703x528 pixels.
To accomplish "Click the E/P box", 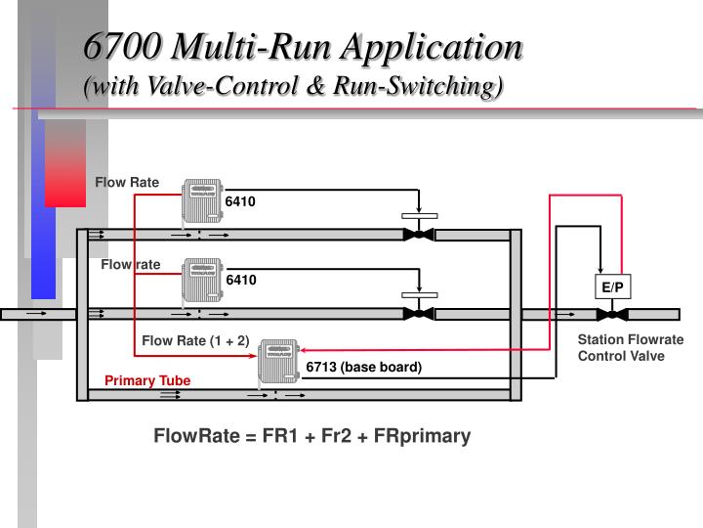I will [x=613, y=286].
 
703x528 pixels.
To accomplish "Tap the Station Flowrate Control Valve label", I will [x=630, y=348].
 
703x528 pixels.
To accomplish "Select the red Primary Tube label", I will [x=147, y=380].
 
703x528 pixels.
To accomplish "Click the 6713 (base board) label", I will [x=363, y=368].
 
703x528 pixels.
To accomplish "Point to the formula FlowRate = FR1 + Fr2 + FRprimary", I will [x=311, y=436].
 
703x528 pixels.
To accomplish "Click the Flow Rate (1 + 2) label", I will [x=195, y=341].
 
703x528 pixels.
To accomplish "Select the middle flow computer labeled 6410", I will [x=202, y=281].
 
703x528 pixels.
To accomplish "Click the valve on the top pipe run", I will [x=419, y=234].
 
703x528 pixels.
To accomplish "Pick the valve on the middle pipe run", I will [x=419, y=314].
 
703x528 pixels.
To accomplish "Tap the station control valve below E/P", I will [x=613, y=314].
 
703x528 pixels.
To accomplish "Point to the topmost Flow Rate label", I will [x=127, y=182].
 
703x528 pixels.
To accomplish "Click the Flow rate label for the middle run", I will [x=131, y=264].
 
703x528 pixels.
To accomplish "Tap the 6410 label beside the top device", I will [x=240, y=202].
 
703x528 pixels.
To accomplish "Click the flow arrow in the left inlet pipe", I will [x=36, y=314].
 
